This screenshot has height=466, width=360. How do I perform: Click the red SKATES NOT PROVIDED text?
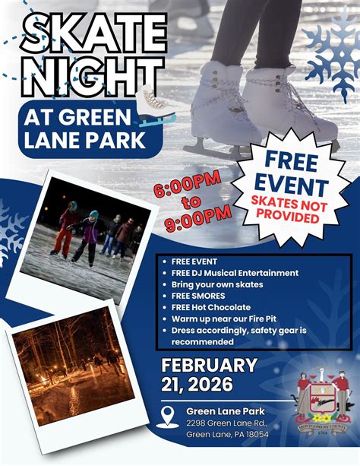coord(289,211)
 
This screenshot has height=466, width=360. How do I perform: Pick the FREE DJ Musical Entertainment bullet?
coord(239,273)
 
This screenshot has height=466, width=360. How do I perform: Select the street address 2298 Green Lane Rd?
coord(226,423)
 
